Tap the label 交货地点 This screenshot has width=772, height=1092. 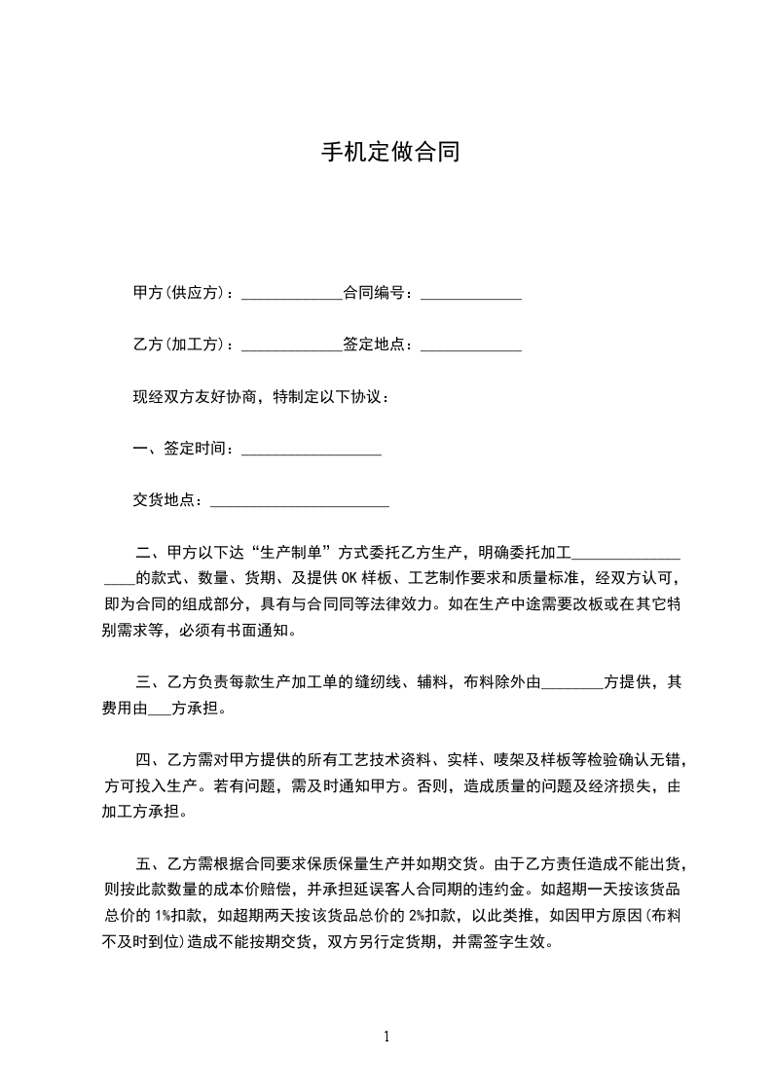pos(166,500)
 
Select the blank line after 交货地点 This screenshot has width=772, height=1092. pos(300,503)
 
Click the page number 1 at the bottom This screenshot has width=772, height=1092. pos(386,1036)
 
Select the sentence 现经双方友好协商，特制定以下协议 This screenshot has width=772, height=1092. pos(261,397)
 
